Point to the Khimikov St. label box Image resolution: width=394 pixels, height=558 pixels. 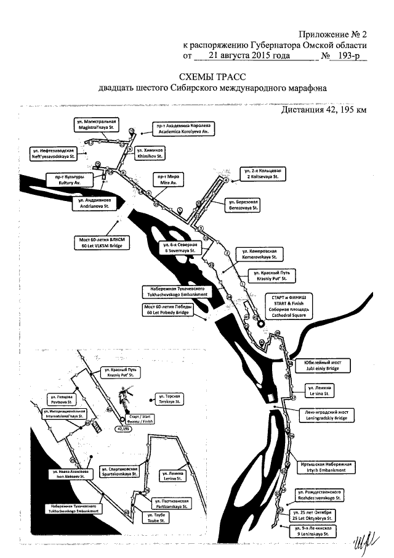(147, 153)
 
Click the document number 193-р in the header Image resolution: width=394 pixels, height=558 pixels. (348, 56)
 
